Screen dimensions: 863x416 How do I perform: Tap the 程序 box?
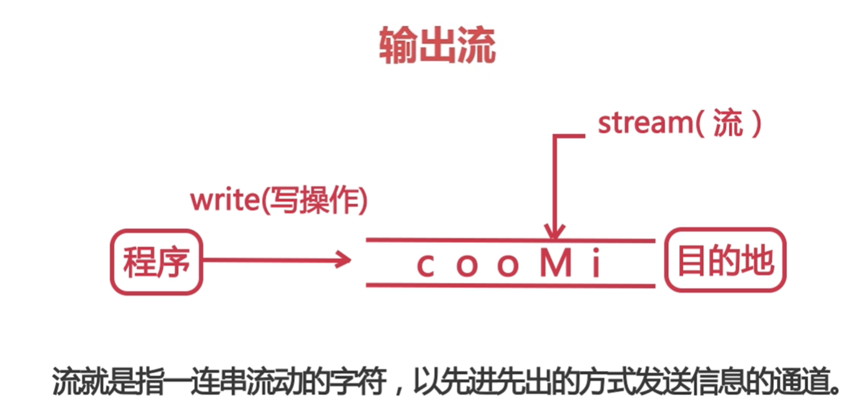coord(157,261)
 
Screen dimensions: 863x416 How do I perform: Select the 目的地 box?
coord(725,261)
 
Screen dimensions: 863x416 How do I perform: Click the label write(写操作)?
coord(279,201)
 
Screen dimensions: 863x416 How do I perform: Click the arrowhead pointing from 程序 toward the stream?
coord(344,259)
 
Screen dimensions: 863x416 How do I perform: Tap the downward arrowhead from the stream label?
coord(553,232)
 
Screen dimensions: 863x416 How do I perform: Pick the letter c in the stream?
coord(425,265)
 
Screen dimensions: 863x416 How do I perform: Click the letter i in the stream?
coord(596,264)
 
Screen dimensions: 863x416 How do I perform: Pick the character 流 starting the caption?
coord(64,380)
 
